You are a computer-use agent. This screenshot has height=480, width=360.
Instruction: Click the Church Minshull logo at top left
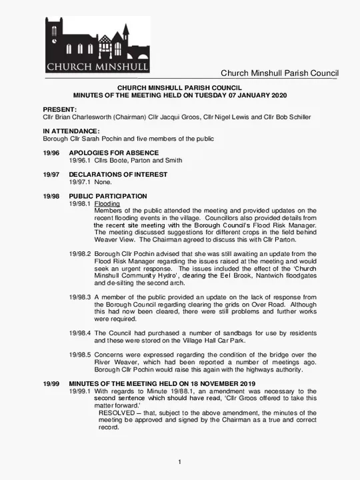[x=97, y=45]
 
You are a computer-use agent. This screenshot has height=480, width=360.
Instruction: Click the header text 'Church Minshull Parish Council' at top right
[x=279, y=73]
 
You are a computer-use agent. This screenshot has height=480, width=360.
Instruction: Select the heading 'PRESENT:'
[x=59, y=109]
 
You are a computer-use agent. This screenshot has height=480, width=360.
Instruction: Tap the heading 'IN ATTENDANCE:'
[x=71, y=131]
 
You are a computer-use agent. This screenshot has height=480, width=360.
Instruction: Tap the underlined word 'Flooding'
[x=107, y=203]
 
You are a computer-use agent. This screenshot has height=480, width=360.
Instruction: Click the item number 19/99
[x=51, y=384]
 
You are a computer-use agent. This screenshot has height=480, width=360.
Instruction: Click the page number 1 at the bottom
[x=180, y=463]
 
